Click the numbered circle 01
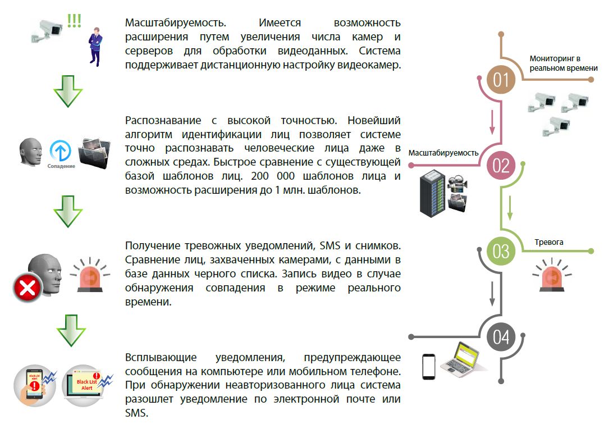pyautogui.click(x=501, y=80)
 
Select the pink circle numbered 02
pyautogui.click(x=501, y=166)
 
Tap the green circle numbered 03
pyautogui.click(x=501, y=251)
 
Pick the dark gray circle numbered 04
pyautogui.click(x=501, y=337)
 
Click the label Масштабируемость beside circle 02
pyautogui.click(x=443, y=153)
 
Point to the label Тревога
pyautogui.click(x=548, y=242)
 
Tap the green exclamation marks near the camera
pyautogui.click(x=74, y=21)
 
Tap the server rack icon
pyautogui.click(x=433, y=192)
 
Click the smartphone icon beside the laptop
pyautogui.click(x=429, y=366)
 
